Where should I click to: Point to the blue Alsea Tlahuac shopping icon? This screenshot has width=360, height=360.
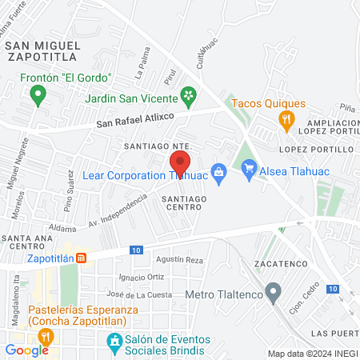pyautogui.click(x=249, y=168)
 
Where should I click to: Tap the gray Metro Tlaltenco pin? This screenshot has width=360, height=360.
pyautogui.click(x=274, y=292)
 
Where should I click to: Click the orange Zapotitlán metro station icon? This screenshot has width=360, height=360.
pyautogui.click(x=81, y=258)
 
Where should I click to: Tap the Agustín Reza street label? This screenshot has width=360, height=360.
pyautogui.click(x=181, y=260)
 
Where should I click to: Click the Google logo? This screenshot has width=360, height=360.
pyautogui.click(x=26, y=350)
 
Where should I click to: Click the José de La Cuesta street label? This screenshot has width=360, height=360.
pyautogui.click(x=144, y=295)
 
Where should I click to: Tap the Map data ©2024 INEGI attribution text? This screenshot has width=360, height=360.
pyautogui.click(x=312, y=354)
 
